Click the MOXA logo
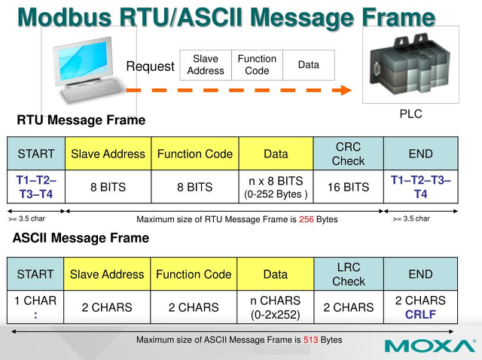(429, 346)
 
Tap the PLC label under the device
(410, 114)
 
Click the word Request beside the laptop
(150, 66)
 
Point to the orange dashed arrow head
(345, 90)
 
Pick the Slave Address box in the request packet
(206, 65)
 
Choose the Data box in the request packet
(309, 65)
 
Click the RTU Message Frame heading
(81, 121)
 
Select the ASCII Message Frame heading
(81, 238)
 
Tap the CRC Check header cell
(348, 154)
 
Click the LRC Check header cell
(348, 274)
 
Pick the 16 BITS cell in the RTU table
(348, 188)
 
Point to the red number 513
(311, 340)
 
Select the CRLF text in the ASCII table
(420, 314)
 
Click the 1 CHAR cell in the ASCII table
(35, 307)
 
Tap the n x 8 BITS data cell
(276, 187)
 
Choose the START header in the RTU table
(35, 154)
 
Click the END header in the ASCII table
(420, 274)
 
